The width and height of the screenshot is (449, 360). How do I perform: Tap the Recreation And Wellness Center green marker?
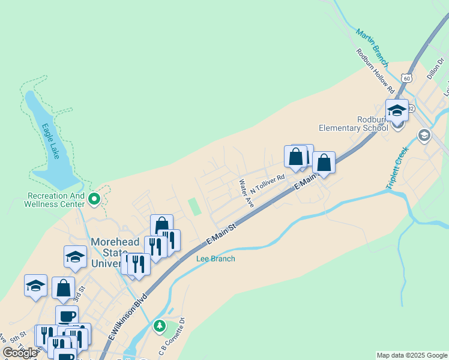94,198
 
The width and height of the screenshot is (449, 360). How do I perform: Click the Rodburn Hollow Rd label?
375,71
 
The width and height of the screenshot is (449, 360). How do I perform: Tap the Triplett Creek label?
397,170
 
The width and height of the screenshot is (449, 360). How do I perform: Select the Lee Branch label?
215,259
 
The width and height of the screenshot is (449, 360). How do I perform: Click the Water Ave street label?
246,193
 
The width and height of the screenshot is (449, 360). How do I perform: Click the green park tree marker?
159,326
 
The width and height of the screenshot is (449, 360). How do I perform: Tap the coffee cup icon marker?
67,316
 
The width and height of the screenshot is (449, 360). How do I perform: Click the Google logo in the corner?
20,353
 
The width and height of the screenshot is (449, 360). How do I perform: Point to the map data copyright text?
412,355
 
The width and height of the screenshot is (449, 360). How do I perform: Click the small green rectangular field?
194,207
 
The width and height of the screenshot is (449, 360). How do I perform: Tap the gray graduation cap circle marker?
424,134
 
